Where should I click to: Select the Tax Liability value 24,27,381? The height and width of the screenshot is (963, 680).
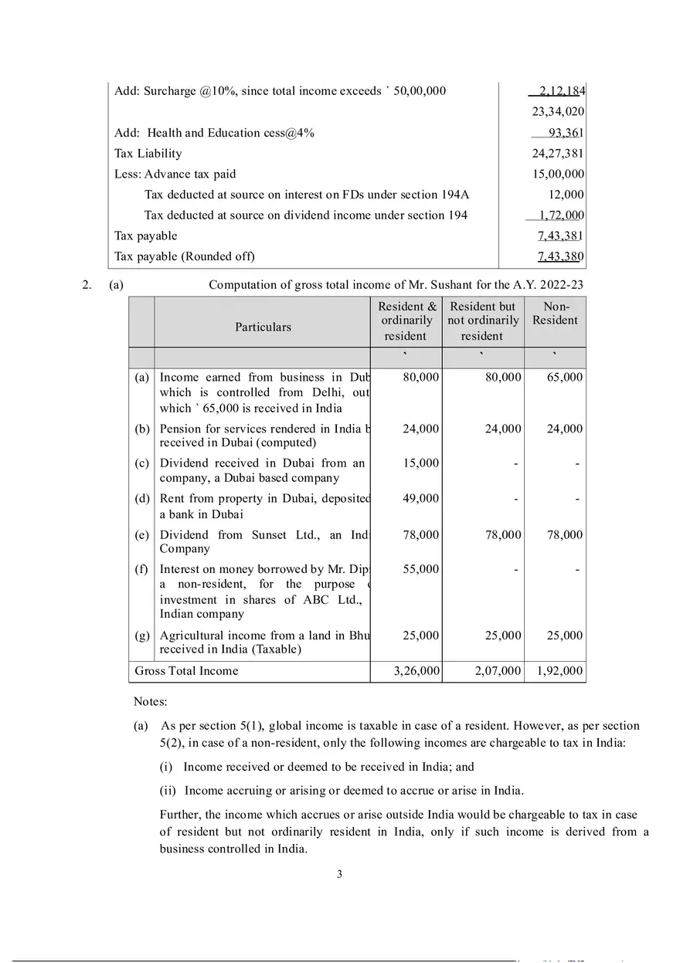pos(558,154)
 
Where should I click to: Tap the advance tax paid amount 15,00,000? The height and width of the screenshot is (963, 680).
pos(558,175)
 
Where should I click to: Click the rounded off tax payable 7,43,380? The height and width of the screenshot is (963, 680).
pos(560,256)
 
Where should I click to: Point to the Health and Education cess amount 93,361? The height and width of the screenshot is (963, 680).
pos(566,133)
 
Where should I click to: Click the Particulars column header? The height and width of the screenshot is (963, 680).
pos(263,327)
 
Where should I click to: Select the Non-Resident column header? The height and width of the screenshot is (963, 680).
pos(555,314)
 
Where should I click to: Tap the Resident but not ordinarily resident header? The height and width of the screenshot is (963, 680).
pos(483,320)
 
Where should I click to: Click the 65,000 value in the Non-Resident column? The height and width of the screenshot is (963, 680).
pos(564,378)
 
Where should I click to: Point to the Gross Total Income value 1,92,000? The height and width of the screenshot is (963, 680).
pos(559,671)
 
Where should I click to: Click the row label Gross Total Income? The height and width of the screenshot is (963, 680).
pos(186,671)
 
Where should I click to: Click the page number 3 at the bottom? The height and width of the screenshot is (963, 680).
pos(339,875)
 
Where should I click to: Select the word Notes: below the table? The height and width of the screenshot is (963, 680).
pos(150,702)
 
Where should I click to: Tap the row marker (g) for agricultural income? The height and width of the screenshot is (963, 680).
pos(142,636)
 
